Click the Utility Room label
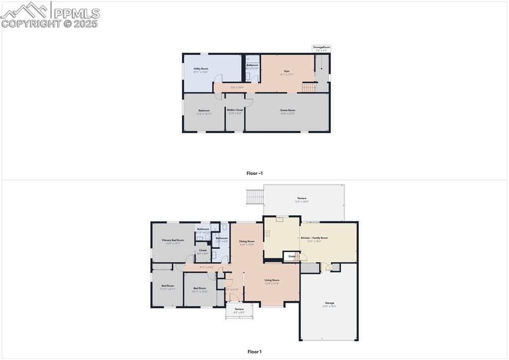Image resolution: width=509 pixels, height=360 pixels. (x=201, y=69)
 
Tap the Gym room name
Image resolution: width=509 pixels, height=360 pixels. (x=287, y=71)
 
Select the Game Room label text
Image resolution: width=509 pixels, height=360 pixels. (x=288, y=110)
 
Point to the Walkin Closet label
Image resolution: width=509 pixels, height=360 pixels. (x=235, y=110)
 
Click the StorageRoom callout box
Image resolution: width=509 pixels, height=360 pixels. (x=321, y=48)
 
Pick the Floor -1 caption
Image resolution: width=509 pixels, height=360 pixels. (x=254, y=174)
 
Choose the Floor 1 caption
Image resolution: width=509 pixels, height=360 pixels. (x=254, y=352)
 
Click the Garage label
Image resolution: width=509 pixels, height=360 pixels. (x=329, y=303)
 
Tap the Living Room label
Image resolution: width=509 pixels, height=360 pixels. (x=272, y=280)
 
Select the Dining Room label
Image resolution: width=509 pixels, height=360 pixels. (x=247, y=241)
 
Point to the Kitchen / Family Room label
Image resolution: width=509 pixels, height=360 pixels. (x=317, y=238)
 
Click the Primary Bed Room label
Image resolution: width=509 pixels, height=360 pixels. (x=173, y=240)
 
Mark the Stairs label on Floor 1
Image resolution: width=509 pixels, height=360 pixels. (x=292, y=257)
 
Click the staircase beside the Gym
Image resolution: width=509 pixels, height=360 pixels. (x=309, y=87)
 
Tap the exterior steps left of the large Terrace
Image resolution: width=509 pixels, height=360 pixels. (x=255, y=197)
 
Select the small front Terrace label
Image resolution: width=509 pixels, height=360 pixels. (x=239, y=309)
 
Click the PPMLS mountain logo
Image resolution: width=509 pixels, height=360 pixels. (x=25, y=10)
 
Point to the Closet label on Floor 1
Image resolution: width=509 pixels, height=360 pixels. (x=203, y=250)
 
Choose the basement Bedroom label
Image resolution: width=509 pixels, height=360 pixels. (x=204, y=110)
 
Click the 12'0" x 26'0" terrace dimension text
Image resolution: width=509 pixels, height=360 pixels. (x=302, y=201)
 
